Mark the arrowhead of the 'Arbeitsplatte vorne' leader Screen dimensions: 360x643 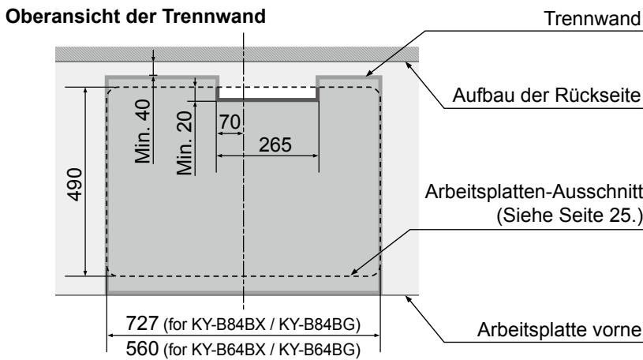(x=407, y=297)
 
